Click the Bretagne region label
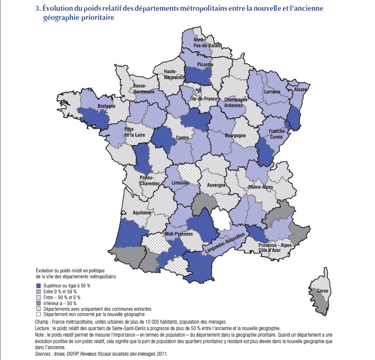pyautogui.click(x=106, y=106)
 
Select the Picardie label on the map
pyautogui.click(x=205, y=65)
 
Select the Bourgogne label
pyautogui.click(x=235, y=135)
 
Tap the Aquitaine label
pyautogui.click(x=142, y=213)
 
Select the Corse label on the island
pyautogui.click(x=322, y=291)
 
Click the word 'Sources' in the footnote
pyautogui.click(x=43, y=354)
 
